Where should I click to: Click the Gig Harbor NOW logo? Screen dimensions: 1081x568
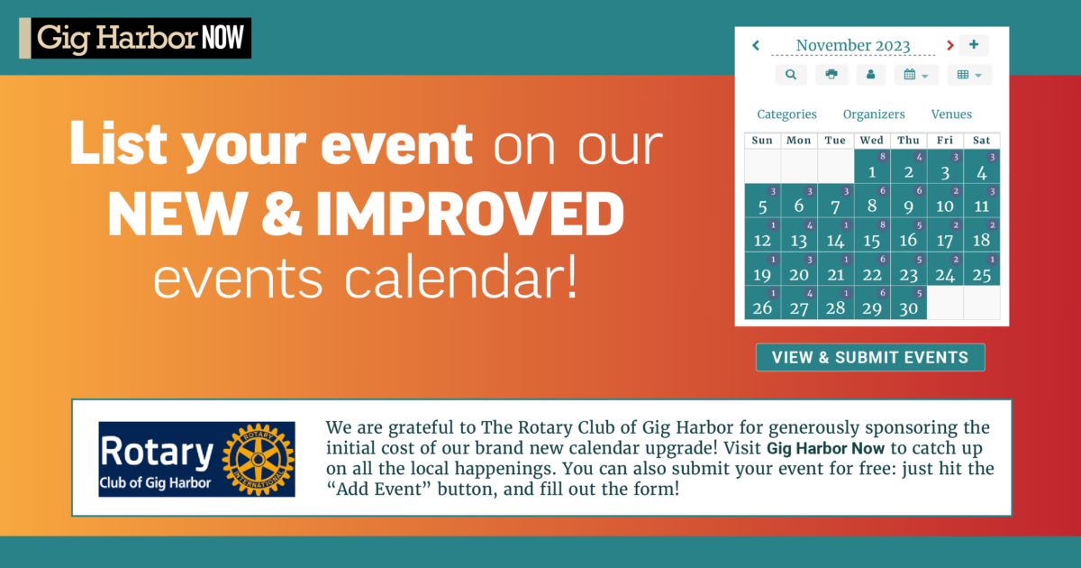[135, 38]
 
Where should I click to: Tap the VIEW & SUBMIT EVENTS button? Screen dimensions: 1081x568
[870, 357]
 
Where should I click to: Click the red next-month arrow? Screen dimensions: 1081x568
[950, 45]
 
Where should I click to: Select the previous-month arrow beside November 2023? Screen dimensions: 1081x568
[756, 45]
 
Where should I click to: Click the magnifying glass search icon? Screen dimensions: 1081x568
[791, 74]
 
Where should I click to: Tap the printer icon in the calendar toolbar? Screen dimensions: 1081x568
[831, 74]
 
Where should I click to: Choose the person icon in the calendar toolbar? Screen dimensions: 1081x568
[870, 74]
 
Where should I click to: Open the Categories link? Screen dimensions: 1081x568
[786, 114]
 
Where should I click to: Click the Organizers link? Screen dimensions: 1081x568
[874, 114]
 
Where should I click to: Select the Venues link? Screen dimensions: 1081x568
[951, 114]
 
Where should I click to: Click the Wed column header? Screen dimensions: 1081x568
[872, 140]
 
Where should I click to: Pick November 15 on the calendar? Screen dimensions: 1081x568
[872, 234]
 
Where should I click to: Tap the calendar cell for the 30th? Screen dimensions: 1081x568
[908, 302]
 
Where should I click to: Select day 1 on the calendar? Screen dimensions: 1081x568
[872, 167]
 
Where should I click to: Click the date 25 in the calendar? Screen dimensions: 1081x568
[982, 269]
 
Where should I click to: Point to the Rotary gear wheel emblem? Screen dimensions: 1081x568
[259, 459]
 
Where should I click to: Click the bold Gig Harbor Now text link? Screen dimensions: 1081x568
[825, 448]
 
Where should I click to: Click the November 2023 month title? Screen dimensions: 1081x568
[853, 45]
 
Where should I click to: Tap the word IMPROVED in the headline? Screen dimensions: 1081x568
[470, 214]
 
